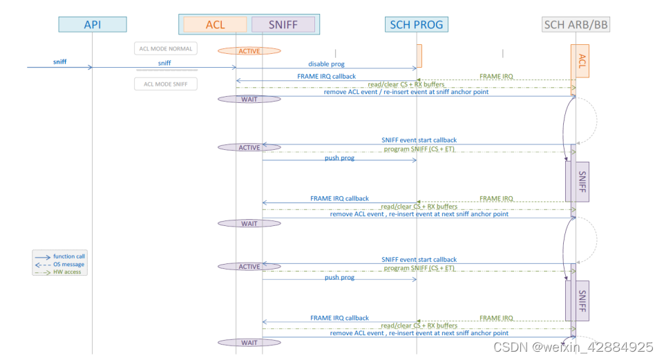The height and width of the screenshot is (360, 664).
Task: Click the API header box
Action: point(92,25)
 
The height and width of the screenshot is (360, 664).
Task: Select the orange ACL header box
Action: point(215,25)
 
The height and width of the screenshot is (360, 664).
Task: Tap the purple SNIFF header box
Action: point(283,25)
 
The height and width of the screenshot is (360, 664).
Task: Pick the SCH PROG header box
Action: point(416,25)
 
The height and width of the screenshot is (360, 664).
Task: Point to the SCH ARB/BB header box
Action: point(576,25)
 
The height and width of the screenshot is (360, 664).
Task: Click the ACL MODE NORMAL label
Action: point(166,48)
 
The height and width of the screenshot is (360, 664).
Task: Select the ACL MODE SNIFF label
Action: point(166,84)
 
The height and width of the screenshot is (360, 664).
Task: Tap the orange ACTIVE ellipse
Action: point(249,51)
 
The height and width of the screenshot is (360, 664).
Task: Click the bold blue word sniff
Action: point(60,62)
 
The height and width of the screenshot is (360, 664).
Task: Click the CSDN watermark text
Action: point(573,347)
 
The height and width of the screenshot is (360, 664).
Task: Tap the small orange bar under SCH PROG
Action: point(419,55)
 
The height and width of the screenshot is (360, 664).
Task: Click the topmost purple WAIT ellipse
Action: point(249,100)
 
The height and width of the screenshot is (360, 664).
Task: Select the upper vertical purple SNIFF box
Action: point(580,181)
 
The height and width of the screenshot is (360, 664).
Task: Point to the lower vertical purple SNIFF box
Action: point(580,301)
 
